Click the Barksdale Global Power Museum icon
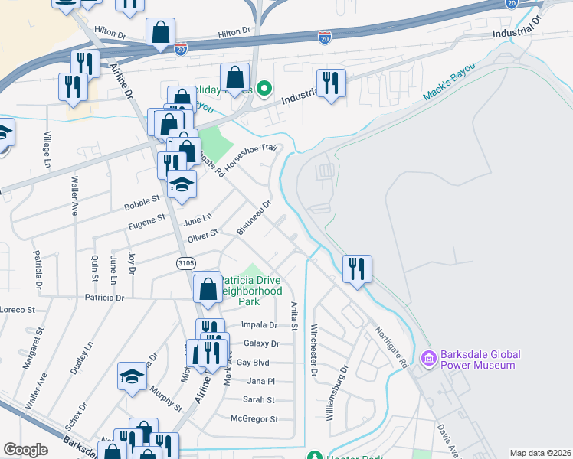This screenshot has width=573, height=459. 427,358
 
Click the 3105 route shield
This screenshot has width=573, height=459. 185,263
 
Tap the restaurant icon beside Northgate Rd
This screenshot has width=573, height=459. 357,269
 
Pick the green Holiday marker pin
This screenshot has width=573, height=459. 264,90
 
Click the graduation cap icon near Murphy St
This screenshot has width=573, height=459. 132,377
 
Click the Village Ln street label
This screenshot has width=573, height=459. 47,150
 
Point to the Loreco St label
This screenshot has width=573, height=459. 18,310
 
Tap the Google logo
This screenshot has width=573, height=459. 25,449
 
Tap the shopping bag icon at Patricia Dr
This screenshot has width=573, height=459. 207,290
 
